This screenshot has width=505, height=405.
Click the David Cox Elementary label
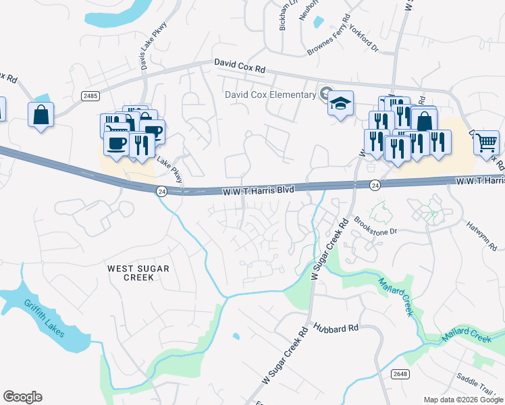coord(270,94)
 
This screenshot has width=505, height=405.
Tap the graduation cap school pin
coord(340,104)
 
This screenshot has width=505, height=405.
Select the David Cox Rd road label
coord(240,65)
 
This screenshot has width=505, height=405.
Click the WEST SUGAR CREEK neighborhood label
coord(138,273)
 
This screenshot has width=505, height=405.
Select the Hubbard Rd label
coord(336,329)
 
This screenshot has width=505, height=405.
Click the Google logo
coord(22,397)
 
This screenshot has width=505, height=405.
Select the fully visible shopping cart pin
coord(485,142)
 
